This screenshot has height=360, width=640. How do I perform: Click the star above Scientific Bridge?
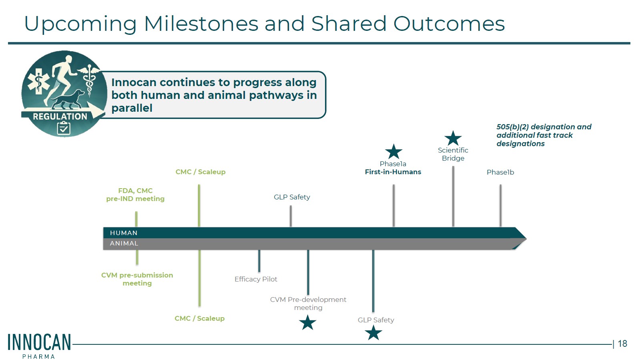point(453,139)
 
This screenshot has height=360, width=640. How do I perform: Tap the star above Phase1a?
point(393,151)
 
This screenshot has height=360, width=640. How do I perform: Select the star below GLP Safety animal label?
point(373,333)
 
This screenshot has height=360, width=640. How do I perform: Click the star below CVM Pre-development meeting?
point(308,322)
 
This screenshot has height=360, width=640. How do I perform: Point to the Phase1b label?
point(500,173)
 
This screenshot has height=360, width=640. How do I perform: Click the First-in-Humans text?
point(393,172)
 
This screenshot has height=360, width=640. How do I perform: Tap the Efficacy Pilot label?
point(256,279)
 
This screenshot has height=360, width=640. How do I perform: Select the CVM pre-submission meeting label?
point(137,279)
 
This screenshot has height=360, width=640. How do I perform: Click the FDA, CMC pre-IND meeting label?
point(135,195)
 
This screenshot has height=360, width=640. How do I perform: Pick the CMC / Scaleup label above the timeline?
point(200,172)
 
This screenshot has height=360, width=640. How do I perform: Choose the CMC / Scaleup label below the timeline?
point(199,318)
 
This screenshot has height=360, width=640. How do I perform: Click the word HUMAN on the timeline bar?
point(124,233)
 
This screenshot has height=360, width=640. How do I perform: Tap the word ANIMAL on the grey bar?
point(124,243)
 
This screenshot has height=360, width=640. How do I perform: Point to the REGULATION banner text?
point(60,117)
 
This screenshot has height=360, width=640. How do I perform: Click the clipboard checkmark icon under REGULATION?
point(64,128)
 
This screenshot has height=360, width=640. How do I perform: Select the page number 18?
point(622,344)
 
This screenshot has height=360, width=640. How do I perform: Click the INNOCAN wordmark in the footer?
point(39,342)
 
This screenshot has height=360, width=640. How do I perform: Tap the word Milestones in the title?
point(201,24)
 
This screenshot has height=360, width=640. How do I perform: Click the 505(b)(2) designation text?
point(544,135)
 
